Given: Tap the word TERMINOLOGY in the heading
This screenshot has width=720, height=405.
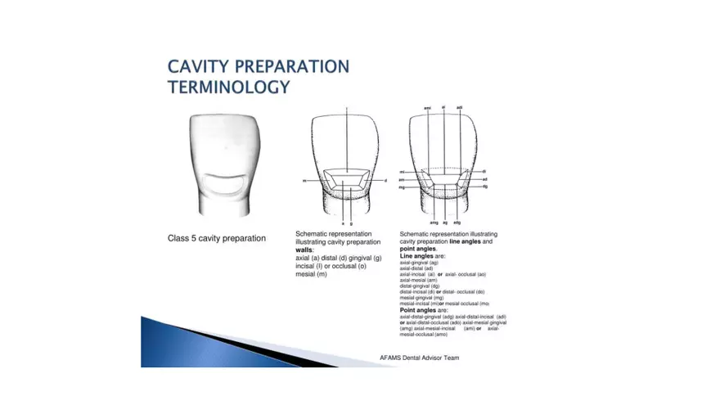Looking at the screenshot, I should [228, 86].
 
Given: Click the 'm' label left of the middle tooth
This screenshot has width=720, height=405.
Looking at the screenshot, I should [304, 181].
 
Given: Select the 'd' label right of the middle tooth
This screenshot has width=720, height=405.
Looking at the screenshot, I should [385, 181].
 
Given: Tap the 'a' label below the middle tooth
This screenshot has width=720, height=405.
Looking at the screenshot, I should [342, 223].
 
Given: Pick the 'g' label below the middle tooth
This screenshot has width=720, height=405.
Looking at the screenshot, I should [353, 223].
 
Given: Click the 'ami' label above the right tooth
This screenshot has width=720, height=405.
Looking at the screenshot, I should [427, 108].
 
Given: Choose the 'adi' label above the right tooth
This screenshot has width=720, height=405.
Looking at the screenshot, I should [460, 108].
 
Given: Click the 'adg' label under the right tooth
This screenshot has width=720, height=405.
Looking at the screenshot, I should [457, 223].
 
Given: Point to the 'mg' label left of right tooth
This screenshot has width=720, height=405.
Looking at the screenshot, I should [403, 187].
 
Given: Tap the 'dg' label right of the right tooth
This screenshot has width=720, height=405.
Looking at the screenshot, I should [485, 187].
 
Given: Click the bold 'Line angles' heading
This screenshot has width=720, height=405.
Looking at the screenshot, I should [416, 257].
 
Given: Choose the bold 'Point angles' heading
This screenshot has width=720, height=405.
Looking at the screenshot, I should [417, 310].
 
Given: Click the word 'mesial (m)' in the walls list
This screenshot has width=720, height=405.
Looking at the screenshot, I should [311, 274].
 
